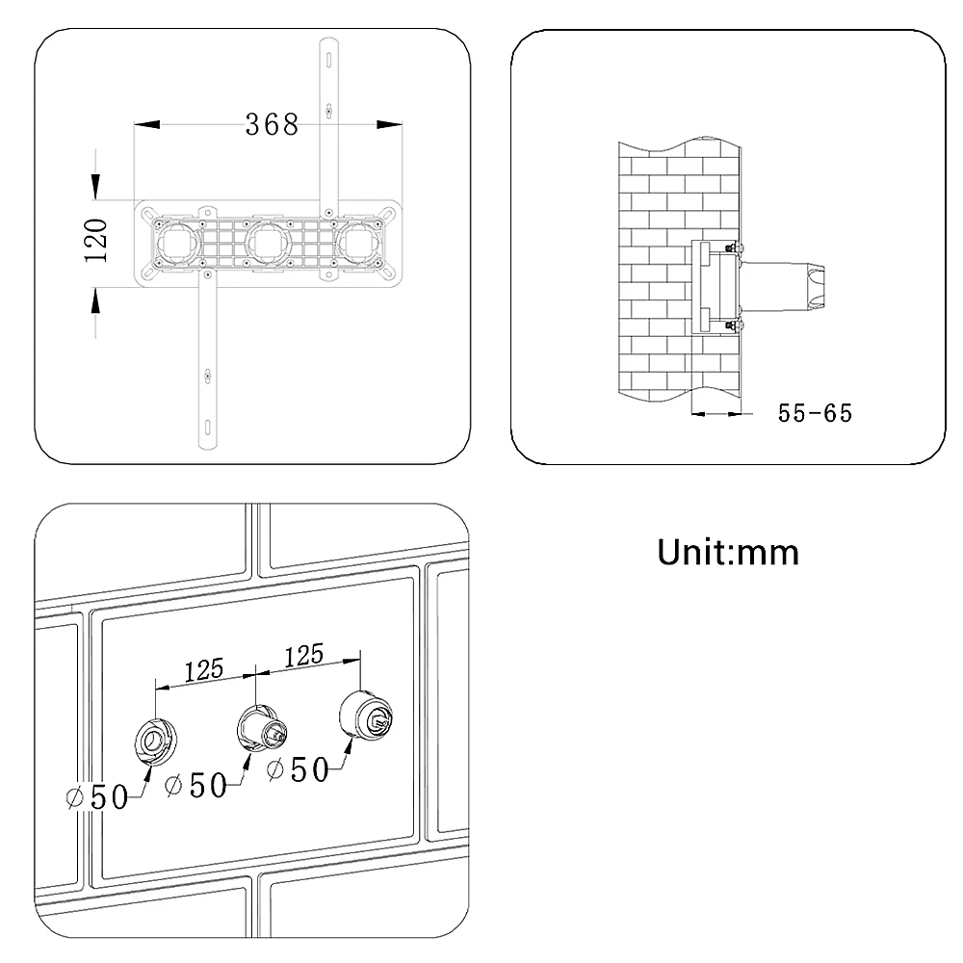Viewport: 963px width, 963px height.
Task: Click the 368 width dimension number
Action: tap(271, 124)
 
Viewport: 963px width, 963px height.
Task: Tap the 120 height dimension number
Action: tap(96, 240)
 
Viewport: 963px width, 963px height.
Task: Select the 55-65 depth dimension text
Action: tap(815, 413)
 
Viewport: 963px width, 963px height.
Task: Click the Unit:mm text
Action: tap(728, 553)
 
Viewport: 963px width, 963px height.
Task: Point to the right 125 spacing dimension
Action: tap(303, 656)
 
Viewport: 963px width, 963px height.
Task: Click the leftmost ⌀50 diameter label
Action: tap(97, 797)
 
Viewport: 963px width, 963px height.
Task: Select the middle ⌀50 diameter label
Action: tap(196, 785)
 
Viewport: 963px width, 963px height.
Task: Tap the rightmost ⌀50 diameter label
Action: tap(298, 769)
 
